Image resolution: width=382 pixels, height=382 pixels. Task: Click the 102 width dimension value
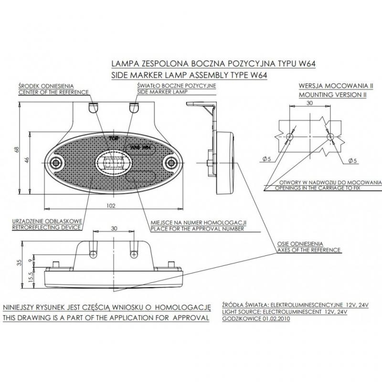pyautogui.click(x=110, y=206)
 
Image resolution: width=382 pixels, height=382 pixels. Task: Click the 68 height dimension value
pyautogui.click(x=17, y=149)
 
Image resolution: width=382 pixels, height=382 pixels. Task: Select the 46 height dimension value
pyautogui.click(x=28, y=160)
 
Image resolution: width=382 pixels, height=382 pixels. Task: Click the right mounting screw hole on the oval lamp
pyautogui.click(x=170, y=163)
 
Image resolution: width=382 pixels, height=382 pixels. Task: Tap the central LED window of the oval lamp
pyautogui.click(x=113, y=163)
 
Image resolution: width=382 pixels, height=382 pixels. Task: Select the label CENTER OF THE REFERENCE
pyautogui.click(x=53, y=92)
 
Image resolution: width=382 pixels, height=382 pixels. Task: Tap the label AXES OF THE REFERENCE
pyautogui.click(x=308, y=250)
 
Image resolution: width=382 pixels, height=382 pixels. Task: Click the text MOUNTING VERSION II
pyautogui.click(x=332, y=95)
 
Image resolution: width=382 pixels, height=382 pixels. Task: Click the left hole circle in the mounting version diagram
pyautogui.click(x=289, y=137)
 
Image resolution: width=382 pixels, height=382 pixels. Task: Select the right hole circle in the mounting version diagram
pyautogui.click(x=330, y=137)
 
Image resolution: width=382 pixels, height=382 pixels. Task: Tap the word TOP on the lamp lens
pyautogui.click(x=113, y=138)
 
